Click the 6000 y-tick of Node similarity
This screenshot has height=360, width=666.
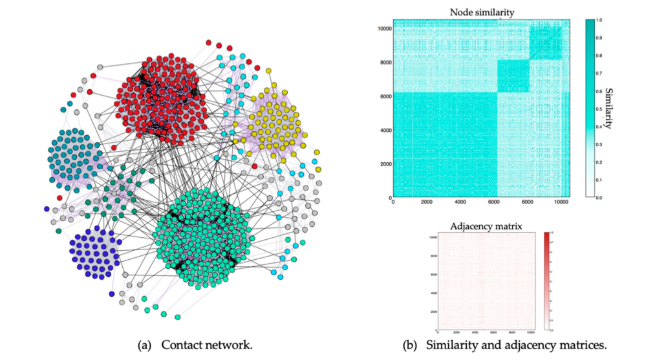pos(383,96)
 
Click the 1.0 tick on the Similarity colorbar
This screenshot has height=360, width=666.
pos(599,21)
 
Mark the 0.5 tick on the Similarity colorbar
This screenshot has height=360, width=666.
pos(599,109)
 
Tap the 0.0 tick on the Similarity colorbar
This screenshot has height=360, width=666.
pos(599,197)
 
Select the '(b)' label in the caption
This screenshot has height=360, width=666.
pos(410,345)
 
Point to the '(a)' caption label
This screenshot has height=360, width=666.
pos(145,345)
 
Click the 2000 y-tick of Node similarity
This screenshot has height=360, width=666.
pos(383,164)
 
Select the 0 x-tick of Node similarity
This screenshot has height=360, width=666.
pos(393,203)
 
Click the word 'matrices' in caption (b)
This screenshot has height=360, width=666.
pos(584,345)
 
